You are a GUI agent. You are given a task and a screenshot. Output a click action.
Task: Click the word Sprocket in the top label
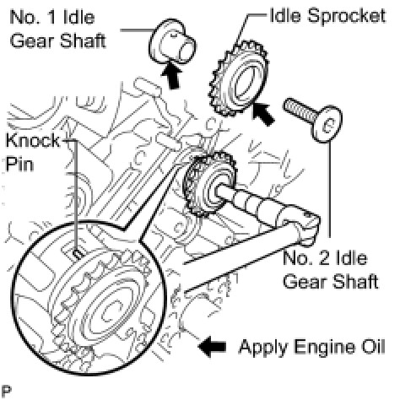347,16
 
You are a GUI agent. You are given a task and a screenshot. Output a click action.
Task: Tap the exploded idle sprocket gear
239,79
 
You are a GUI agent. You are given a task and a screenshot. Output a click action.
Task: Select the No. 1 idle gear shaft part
172,42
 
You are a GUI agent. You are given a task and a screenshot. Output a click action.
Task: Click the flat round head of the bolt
327,124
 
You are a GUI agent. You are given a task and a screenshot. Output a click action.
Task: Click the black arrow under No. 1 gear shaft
171,75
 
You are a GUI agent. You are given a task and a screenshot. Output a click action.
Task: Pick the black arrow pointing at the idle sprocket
262,113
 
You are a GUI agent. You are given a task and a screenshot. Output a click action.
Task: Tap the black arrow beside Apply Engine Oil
212,347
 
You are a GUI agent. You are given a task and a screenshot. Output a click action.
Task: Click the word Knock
33,140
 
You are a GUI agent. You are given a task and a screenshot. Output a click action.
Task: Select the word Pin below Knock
19,164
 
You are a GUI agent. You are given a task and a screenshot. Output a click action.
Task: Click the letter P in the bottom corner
6,391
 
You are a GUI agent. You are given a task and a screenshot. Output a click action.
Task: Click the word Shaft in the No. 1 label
83,41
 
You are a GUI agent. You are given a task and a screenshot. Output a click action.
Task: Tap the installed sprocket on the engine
208,184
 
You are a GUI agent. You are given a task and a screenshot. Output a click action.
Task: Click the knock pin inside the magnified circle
78,254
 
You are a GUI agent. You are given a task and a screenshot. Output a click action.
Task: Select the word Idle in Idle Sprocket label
285,15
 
